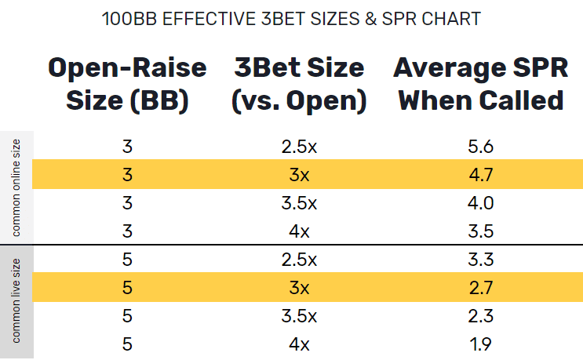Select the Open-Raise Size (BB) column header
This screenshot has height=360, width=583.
127,84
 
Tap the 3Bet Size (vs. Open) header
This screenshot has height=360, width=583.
299,84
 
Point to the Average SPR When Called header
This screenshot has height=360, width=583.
479,84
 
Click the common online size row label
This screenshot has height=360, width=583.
16,187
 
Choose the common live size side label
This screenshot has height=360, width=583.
16,301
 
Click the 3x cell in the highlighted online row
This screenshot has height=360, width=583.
299,174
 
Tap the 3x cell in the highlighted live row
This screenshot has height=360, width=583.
299,288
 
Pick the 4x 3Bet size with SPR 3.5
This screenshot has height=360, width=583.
299,231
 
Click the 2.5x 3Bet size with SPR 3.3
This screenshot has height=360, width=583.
299,259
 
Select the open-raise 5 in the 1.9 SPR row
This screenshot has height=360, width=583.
127,344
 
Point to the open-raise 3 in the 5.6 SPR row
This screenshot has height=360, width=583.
127,145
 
